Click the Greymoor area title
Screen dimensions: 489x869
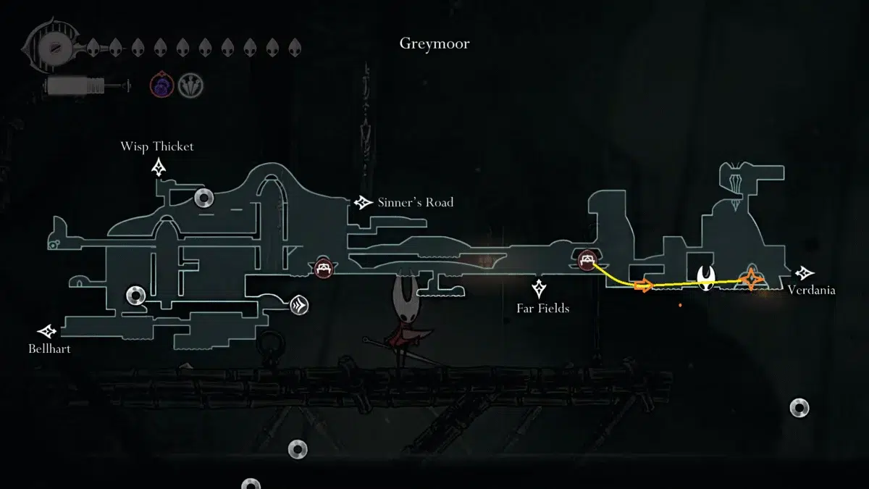click(x=434, y=43)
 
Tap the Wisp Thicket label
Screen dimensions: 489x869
click(x=157, y=146)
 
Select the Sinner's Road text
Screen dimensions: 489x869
click(x=415, y=202)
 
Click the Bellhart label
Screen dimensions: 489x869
click(x=50, y=349)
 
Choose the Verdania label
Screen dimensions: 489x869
click(x=811, y=290)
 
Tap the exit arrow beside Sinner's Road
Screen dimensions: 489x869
click(x=363, y=203)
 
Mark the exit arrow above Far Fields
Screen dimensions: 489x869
click(x=539, y=289)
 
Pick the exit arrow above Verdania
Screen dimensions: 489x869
click(x=804, y=273)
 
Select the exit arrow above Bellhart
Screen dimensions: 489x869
click(x=49, y=331)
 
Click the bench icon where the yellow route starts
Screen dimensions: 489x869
click(x=587, y=259)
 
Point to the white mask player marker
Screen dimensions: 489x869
click(x=707, y=277)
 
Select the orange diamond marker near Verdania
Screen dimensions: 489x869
click(x=752, y=279)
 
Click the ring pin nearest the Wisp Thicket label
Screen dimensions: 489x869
click(x=203, y=197)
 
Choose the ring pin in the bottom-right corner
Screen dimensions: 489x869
click(x=799, y=407)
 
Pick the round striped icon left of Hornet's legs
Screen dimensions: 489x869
click(x=299, y=305)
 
